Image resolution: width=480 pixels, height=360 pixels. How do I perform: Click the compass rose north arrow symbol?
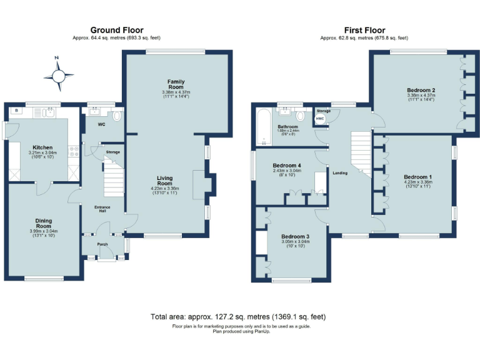tap(58, 75)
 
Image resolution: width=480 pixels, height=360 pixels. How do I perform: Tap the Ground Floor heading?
tap(117, 30)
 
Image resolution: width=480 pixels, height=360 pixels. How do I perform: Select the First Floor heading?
tap(364, 30)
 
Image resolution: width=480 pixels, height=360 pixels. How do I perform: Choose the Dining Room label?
tap(43, 223)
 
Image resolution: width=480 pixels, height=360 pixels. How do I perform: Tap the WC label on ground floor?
tap(102, 124)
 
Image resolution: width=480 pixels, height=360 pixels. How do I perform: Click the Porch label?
tap(102, 244)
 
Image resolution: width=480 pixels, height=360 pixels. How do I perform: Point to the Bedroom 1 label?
tap(417, 176)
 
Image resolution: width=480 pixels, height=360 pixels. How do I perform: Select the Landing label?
tap(341, 173)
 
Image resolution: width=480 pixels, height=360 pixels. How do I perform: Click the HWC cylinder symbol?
tap(320, 117)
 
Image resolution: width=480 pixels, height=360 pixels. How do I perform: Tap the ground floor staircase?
tap(113, 177)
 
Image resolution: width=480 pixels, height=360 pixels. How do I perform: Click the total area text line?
tap(238, 317)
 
